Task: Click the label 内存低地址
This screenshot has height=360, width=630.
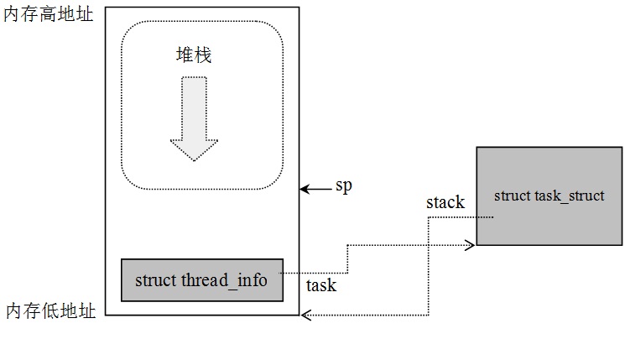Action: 49,310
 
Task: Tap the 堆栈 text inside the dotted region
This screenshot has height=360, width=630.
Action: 193,55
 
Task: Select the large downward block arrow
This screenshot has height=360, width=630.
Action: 194,117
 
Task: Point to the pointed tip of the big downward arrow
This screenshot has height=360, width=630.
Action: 194,159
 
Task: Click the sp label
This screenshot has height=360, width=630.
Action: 344,185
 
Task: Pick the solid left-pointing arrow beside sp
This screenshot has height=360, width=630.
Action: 315,190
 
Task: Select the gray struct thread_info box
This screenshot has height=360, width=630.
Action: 201,280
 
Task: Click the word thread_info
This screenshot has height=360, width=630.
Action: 224,280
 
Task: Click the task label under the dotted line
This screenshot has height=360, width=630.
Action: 321,285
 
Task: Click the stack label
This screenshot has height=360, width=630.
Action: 445,202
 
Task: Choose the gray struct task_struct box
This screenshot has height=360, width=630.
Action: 549,196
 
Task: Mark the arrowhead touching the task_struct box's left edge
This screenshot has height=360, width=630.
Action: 471,245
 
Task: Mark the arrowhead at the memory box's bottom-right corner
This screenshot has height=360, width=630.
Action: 306,316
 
